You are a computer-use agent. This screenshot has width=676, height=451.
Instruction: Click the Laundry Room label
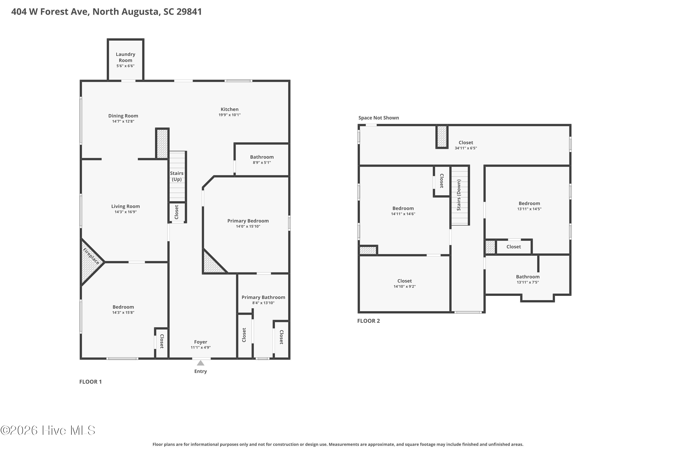click(x=126, y=57)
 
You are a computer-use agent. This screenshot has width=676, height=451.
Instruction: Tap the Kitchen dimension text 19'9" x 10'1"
click(x=229, y=115)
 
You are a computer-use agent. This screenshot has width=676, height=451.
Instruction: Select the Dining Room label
click(x=123, y=116)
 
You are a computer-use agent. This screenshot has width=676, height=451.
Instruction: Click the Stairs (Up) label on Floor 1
click(x=176, y=176)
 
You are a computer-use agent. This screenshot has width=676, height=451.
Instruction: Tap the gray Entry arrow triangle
click(x=201, y=363)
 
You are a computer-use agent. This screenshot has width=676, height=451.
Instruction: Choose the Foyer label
click(x=201, y=342)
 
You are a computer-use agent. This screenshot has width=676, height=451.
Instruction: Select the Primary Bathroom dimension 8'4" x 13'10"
click(x=263, y=303)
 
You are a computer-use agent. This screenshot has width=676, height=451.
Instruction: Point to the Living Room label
click(x=126, y=206)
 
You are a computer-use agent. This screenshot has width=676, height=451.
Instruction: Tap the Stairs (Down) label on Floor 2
click(x=459, y=195)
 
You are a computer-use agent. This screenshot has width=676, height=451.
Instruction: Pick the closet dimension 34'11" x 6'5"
click(x=466, y=148)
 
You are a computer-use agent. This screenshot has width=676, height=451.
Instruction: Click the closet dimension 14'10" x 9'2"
click(x=404, y=286)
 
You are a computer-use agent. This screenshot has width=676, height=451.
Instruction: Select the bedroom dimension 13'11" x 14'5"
click(x=529, y=209)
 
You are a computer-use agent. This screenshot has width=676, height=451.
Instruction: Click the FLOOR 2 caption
click(x=368, y=321)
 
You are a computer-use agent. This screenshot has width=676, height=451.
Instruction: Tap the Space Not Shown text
click(x=379, y=118)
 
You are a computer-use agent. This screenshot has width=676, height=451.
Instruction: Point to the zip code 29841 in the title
click(x=189, y=12)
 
